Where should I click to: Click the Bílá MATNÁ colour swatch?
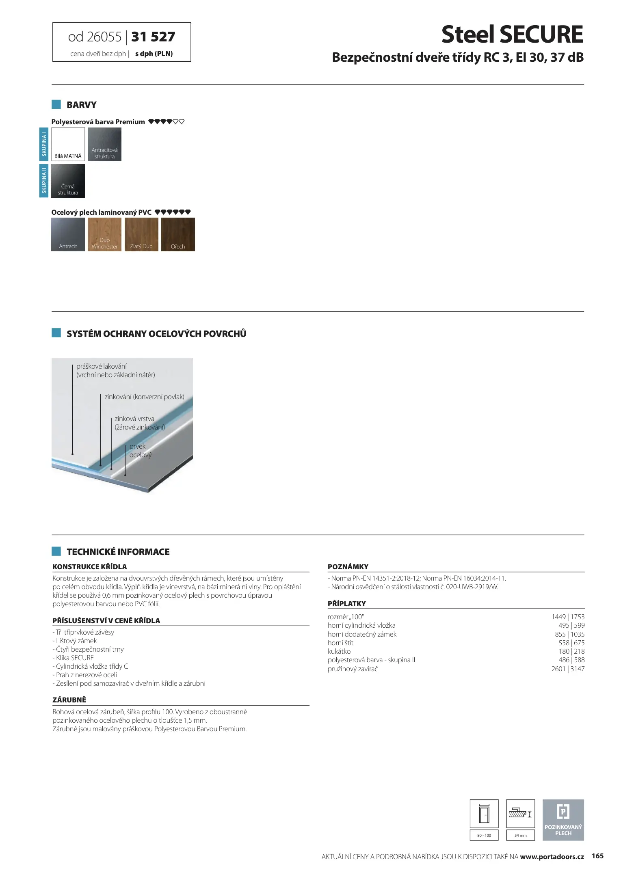coord(68,144)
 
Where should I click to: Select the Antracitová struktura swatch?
coord(104,144)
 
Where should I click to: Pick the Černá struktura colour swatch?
coord(68,181)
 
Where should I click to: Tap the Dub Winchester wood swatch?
coord(104,234)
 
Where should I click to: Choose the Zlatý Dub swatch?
coord(141,234)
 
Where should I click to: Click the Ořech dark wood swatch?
coord(178,234)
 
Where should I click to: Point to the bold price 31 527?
coord(153,37)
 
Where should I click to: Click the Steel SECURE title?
coord(512,35)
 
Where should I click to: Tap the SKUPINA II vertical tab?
coord(44,181)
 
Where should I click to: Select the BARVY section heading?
coord(82,105)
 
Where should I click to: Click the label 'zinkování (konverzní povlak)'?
coord(144,397)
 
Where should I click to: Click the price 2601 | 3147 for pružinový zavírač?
coord(568,669)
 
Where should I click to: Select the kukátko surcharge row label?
coord(339,651)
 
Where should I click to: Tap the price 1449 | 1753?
coord(568,617)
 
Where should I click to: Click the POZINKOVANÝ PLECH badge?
coord(563,820)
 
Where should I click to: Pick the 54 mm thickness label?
coord(520,835)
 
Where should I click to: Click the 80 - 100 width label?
coord(484,835)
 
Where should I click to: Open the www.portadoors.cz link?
coord(552,857)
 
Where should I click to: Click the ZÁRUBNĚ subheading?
coord(69,700)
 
